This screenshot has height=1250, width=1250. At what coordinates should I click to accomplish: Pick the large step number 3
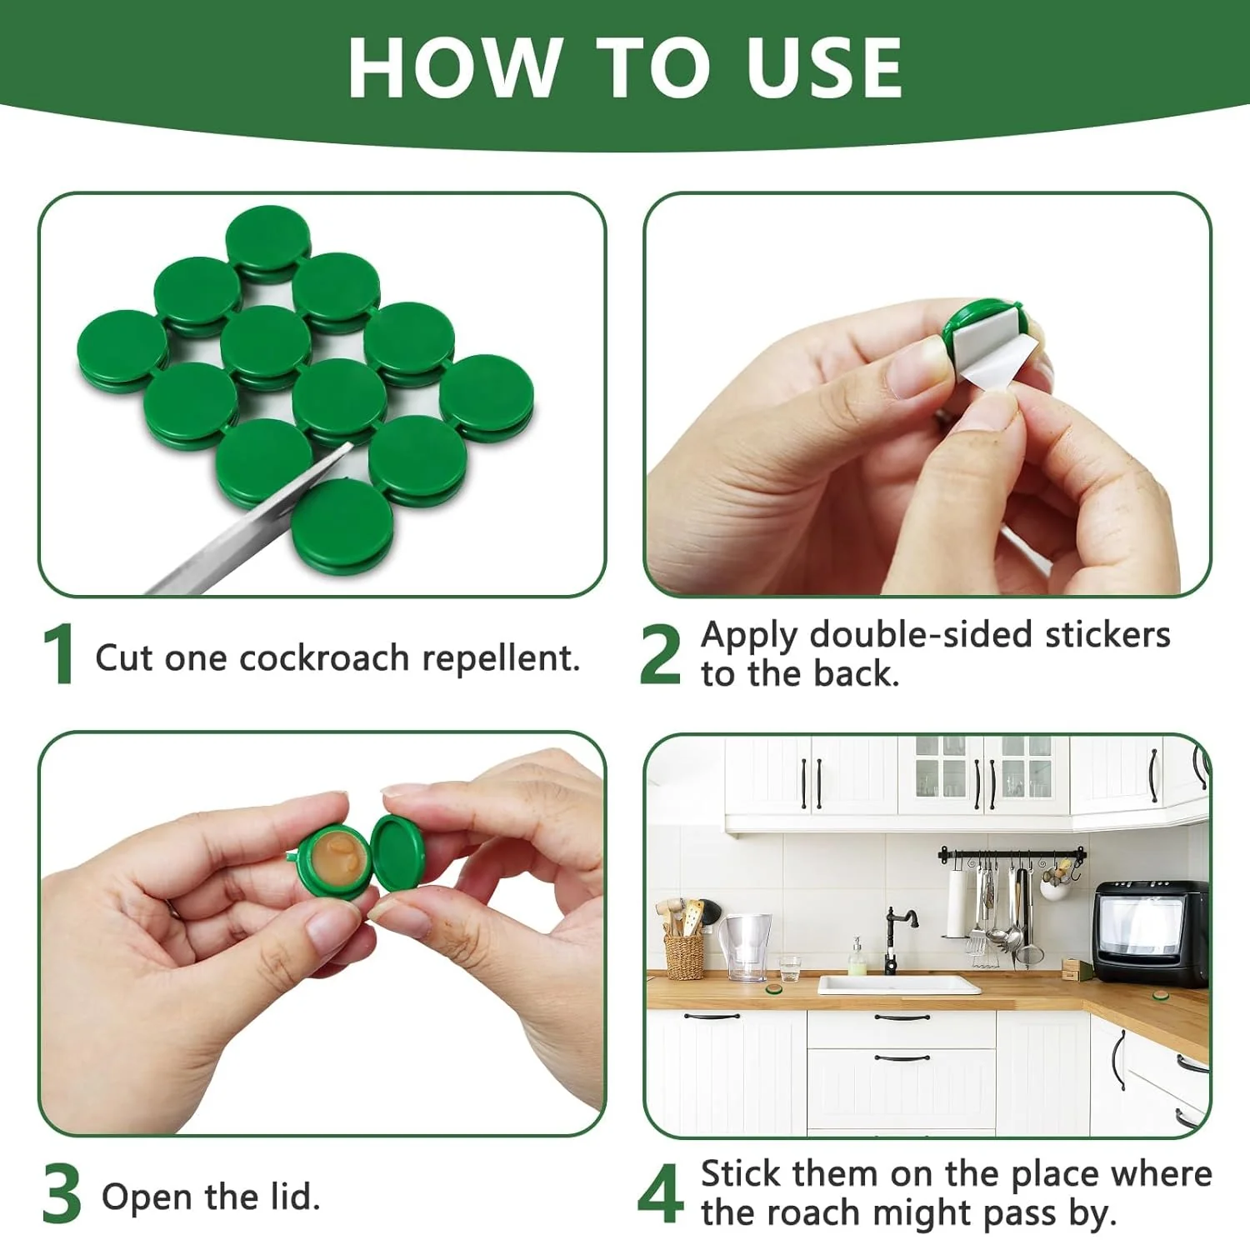tap(62, 1195)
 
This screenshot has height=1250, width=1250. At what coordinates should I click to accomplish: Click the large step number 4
tap(661, 1193)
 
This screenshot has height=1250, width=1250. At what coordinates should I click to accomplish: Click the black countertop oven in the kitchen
tap(1151, 933)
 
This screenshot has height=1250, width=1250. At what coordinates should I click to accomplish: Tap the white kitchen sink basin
tap(899, 986)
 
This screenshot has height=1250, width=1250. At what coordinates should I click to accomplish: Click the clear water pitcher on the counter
tap(746, 946)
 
